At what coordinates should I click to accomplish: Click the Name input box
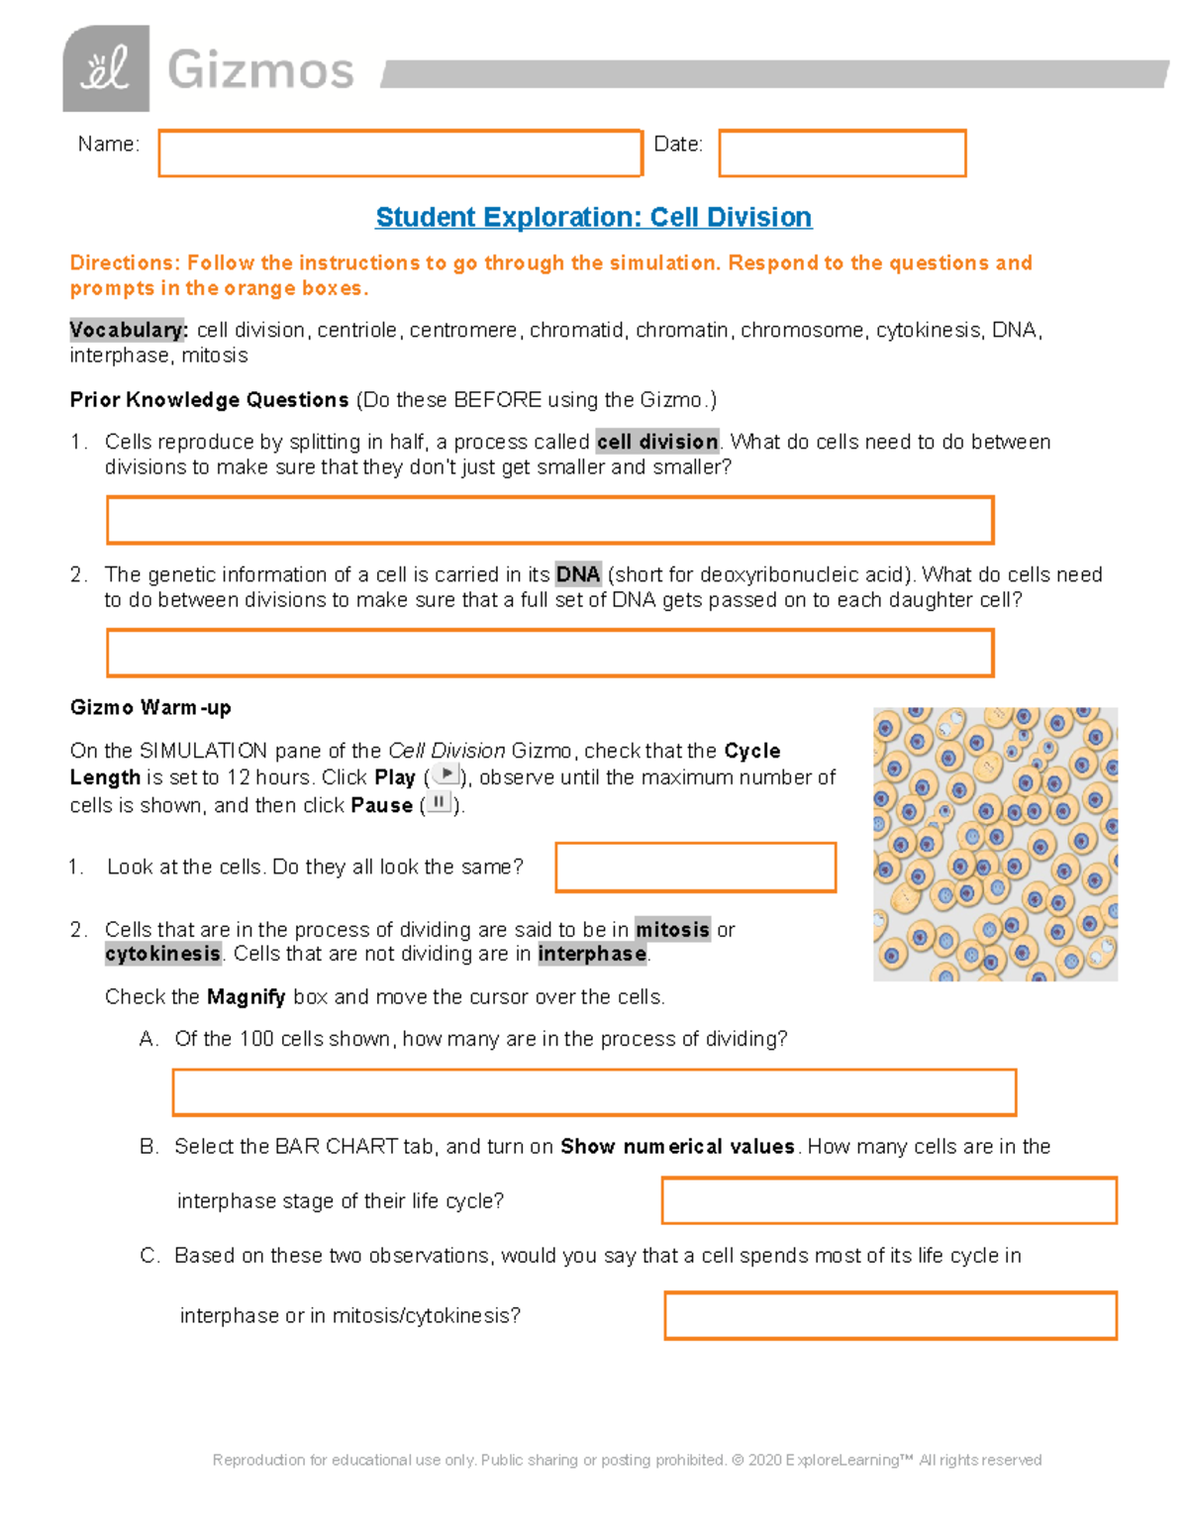[x=400, y=154]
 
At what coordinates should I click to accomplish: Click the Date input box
[x=841, y=154]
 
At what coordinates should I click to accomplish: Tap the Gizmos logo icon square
[x=106, y=68]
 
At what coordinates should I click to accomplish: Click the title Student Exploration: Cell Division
[x=594, y=217]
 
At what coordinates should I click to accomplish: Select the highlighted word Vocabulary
[x=128, y=330]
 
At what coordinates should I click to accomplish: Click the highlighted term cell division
[x=658, y=442]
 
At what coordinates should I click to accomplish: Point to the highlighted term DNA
[x=578, y=574]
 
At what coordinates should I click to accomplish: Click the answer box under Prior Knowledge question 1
[x=549, y=521]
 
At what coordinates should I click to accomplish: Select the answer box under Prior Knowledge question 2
[x=549, y=654]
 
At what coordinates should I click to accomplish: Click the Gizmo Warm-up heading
[x=150, y=707]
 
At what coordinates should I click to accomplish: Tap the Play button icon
[x=446, y=774]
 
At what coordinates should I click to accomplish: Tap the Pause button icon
[x=439, y=802]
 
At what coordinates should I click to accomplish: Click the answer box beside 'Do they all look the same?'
[x=695, y=868]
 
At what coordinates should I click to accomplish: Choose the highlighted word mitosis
[x=672, y=929]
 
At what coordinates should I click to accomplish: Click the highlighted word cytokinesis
[x=163, y=954]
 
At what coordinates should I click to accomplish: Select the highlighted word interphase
[x=592, y=954]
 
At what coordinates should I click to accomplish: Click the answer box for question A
[x=594, y=1092]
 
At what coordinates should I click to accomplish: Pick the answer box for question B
[x=888, y=1200]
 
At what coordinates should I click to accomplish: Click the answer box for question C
[x=890, y=1315]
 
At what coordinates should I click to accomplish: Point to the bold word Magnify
[x=246, y=996]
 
